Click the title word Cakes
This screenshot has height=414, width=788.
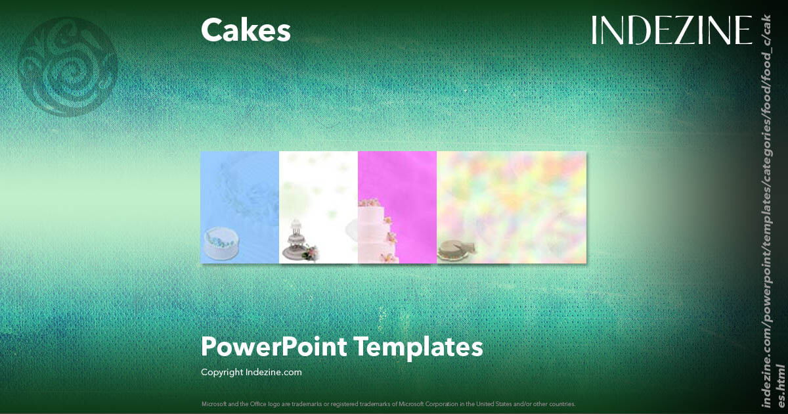click(x=246, y=31)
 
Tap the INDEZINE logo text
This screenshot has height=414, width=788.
click(x=671, y=30)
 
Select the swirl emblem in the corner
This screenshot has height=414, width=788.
click(x=68, y=67)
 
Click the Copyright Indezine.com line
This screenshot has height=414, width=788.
click(x=252, y=372)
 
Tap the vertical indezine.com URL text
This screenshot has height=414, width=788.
click(x=772, y=210)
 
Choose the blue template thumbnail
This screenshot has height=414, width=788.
click(x=240, y=197)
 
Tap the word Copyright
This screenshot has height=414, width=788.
click(x=222, y=372)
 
